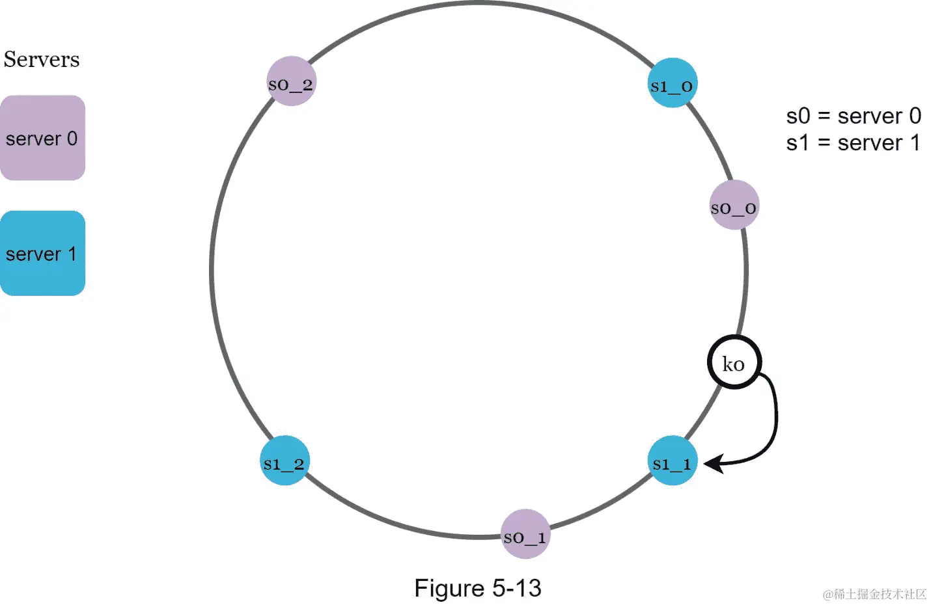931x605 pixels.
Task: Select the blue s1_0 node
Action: click(673, 83)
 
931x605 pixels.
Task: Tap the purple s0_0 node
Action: click(734, 206)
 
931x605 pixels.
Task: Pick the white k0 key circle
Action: click(734, 362)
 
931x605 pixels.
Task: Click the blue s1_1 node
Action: click(673, 461)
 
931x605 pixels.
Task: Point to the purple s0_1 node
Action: click(525, 534)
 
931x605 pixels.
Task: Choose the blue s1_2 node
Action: click(285, 461)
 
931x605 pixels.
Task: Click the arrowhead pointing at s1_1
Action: click(713, 464)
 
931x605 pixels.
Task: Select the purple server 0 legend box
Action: click(42, 138)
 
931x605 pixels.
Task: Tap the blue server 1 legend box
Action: click(42, 253)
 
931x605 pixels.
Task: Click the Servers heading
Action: click(42, 59)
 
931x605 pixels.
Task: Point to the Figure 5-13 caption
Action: click(477, 588)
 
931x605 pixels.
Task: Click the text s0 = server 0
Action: click(853, 116)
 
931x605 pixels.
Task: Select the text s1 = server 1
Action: click(853, 142)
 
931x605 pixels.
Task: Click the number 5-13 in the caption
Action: click(517, 588)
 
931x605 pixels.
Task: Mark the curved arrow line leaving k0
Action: click(775, 416)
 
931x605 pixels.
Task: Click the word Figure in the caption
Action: click(449, 588)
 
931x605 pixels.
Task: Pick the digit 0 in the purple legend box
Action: click(72, 138)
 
